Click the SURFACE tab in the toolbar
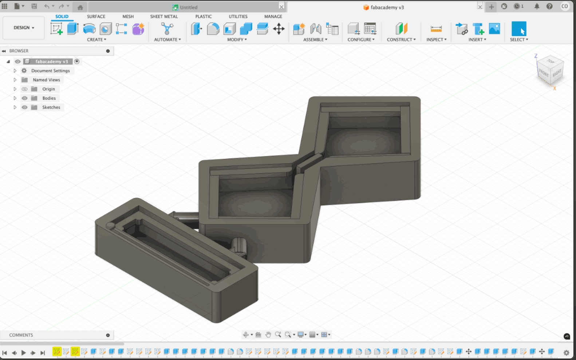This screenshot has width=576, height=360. (96, 16)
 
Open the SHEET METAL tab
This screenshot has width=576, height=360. (164, 16)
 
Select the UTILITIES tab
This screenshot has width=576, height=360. (238, 16)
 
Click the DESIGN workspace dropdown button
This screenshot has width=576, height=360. (24, 28)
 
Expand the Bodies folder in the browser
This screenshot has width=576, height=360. (15, 98)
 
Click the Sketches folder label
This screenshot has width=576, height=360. (51, 107)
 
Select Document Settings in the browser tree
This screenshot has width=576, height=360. (50, 71)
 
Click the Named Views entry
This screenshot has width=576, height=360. (46, 80)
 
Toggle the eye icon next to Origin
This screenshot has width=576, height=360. (24, 89)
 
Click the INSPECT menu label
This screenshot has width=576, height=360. (436, 39)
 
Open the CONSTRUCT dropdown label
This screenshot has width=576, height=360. (401, 39)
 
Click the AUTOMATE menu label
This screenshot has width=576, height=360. (167, 39)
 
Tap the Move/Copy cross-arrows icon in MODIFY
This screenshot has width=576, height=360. (279, 29)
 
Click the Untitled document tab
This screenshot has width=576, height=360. (188, 7)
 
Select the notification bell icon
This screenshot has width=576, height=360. (537, 6)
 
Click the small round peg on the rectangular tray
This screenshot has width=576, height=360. (110, 226)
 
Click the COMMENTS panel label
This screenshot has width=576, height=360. (21, 335)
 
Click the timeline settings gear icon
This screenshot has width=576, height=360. (566, 352)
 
